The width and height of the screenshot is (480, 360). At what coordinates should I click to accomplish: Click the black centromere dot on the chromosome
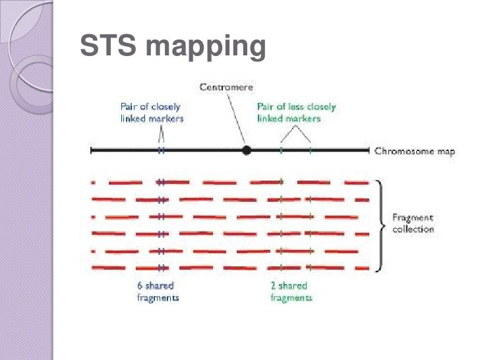point(247,150)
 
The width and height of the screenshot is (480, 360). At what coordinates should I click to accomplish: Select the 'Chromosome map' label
point(415,151)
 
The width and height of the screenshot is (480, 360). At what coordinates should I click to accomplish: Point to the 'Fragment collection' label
point(413,223)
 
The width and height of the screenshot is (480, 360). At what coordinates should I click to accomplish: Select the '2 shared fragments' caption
point(291,291)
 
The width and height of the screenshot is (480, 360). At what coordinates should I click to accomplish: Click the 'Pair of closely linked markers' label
point(151,112)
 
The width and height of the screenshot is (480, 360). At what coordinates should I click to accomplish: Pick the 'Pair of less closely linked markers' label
point(296,112)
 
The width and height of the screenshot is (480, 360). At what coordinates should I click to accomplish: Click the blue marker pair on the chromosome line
point(161,151)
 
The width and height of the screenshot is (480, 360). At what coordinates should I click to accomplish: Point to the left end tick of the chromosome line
point(91,151)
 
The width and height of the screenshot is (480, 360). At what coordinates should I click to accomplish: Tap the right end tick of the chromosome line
point(368,151)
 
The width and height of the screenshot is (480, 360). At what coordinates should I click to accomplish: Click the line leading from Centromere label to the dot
point(235,119)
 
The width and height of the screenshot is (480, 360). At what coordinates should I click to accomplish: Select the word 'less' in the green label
point(297,106)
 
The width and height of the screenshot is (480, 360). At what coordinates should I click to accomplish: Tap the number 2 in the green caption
point(274,285)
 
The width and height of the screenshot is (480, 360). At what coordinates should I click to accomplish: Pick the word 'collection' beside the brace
point(413,229)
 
